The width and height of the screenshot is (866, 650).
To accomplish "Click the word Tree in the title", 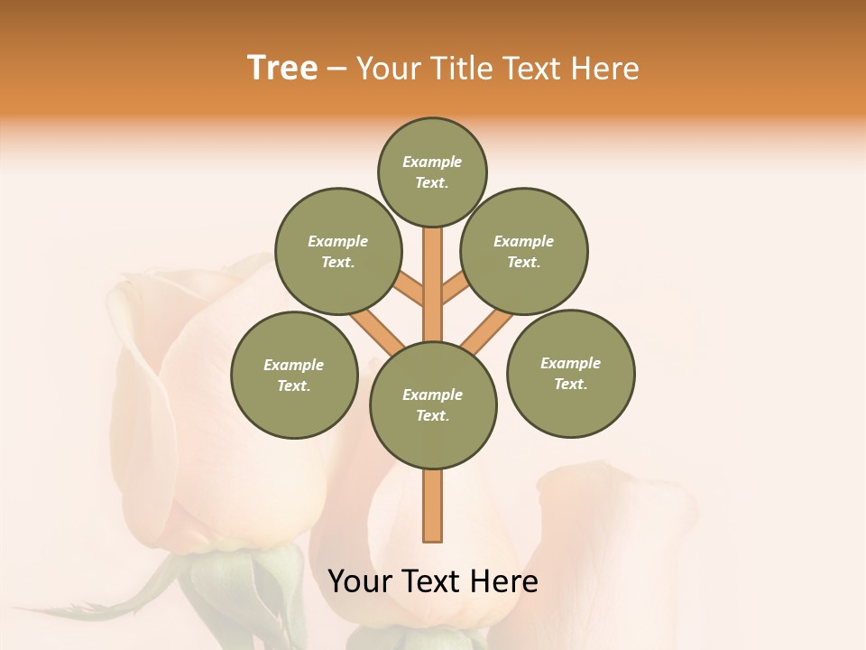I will tap(282, 69).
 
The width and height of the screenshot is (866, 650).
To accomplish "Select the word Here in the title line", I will tap(605, 69).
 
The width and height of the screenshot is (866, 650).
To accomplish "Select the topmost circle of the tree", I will tap(432, 172).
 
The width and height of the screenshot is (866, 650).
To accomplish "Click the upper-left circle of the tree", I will tap(337, 251).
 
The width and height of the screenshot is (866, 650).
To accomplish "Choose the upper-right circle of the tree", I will tap(523, 251).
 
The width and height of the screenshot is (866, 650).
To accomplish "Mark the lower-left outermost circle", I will tap(294, 375).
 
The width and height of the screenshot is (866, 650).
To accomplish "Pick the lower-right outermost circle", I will tap(570, 373).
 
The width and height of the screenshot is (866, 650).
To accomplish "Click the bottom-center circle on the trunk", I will tap(433, 404).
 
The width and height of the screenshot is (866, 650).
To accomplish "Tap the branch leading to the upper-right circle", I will tap(455, 291).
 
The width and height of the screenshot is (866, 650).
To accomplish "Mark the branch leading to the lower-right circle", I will tap(487, 331).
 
